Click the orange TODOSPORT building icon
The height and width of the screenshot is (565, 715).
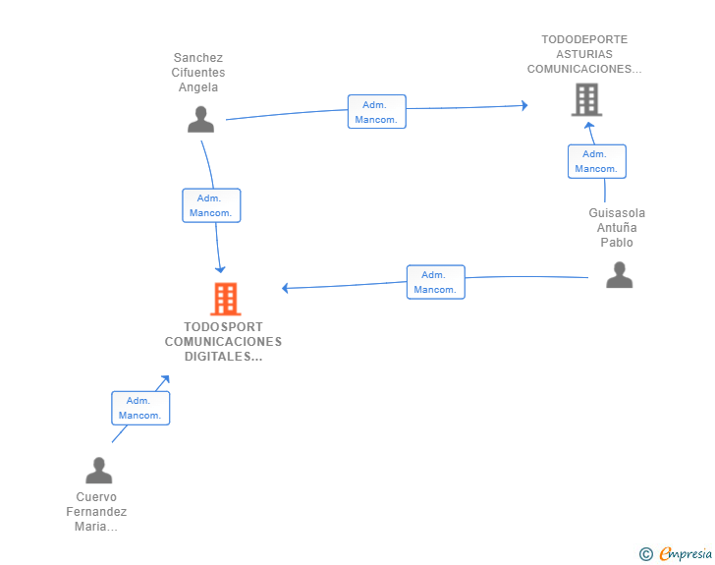(x=225, y=299)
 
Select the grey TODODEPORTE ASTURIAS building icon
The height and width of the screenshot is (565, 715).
(x=586, y=99)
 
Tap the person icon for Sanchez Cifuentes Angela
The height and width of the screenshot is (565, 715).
(x=201, y=120)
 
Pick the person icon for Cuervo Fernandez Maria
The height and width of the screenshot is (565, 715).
(x=98, y=471)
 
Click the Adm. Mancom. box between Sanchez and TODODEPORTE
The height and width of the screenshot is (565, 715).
(x=376, y=112)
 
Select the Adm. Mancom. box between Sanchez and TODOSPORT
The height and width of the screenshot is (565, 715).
(x=211, y=205)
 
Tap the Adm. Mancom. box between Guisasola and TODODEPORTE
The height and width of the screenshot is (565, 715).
(x=596, y=161)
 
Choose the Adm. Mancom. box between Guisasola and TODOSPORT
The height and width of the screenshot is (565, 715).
(x=435, y=282)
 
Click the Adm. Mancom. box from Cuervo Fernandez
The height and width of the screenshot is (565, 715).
(x=140, y=408)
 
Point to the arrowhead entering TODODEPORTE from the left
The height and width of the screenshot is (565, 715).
(x=524, y=105)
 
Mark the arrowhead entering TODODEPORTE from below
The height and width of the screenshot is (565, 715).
(x=589, y=126)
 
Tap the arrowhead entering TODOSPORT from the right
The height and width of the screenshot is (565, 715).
(x=286, y=288)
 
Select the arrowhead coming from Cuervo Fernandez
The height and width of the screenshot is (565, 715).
(x=164, y=378)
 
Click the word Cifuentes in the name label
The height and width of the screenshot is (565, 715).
(x=197, y=73)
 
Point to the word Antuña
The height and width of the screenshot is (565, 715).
(x=617, y=228)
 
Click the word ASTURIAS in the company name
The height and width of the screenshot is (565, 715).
(x=583, y=54)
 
